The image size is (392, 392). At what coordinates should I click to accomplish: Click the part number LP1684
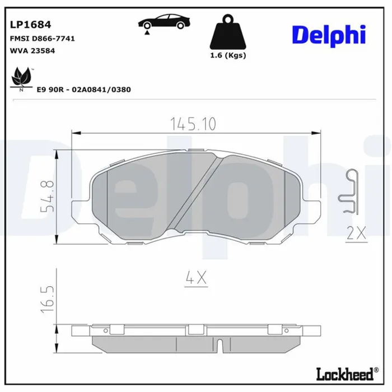(30, 25)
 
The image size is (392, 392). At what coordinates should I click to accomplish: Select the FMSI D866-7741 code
(42, 39)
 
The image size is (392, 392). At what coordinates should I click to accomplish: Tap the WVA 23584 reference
(32, 51)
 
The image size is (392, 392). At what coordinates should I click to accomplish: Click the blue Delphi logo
(329, 35)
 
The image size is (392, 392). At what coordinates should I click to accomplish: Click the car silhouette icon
(164, 21)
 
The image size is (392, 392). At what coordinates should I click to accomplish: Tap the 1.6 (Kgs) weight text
(228, 55)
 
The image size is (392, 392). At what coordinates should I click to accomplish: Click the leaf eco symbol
(21, 78)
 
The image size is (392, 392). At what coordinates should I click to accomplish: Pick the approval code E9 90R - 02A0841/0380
(84, 90)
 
